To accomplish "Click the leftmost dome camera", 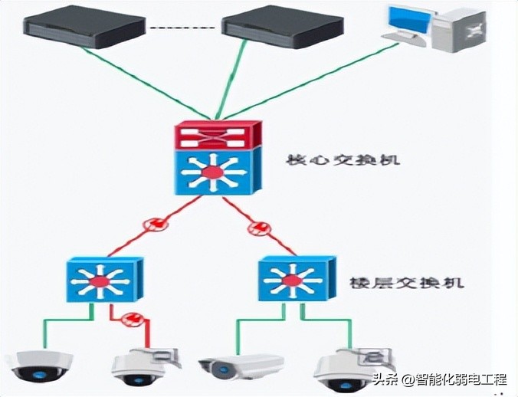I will point(36,366).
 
